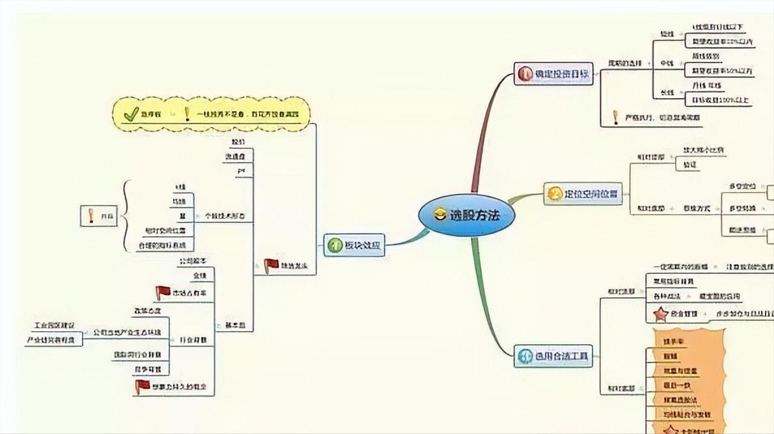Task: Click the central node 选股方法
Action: pos(466,215)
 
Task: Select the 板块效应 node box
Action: pos(354,245)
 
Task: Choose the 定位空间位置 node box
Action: pos(583,194)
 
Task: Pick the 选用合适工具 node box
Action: pos(554,357)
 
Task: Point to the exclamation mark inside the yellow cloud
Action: pos(187,115)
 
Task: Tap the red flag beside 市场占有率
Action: pos(163,293)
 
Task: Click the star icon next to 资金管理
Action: pos(660,314)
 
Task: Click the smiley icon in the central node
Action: pos(439,215)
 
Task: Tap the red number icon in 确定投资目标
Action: pos(525,74)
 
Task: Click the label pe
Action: pos(241,170)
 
